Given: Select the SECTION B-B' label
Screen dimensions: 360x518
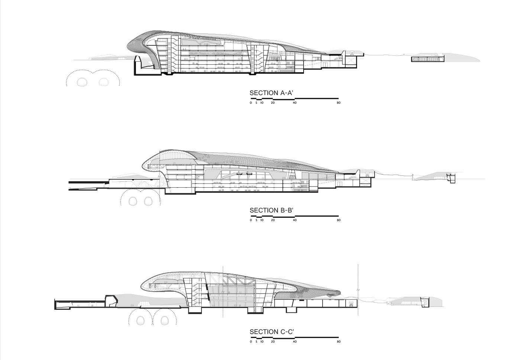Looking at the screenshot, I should click(x=272, y=210).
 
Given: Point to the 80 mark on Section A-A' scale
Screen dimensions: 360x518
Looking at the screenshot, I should click(x=339, y=103).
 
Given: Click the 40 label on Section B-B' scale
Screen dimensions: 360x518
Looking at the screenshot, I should click(x=295, y=220).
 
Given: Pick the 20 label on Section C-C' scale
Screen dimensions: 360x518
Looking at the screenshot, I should click(x=273, y=341).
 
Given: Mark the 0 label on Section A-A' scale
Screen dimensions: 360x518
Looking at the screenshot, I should click(x=250, y=103).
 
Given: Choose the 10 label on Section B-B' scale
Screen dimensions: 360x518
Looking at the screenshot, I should click(x=262, y=220).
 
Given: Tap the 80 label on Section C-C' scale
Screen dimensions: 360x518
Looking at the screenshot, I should click(x=339, y=341).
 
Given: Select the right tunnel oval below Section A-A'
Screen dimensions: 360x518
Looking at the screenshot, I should click(x=104, y=82).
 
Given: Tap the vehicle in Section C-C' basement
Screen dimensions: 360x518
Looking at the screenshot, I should click(x=351, y=304).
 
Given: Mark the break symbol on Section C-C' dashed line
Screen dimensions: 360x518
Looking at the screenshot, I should click(x=358, y=289).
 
